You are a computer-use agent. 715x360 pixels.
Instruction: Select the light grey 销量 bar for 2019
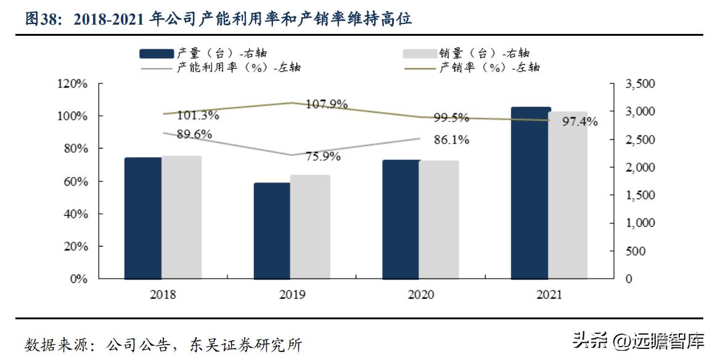310,227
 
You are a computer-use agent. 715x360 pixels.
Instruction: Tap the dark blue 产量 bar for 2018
143,218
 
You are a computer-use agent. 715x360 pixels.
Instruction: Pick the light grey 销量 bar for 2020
439,219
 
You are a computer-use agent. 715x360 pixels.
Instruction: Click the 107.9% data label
327,104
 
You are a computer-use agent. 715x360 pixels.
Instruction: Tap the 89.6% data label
194,134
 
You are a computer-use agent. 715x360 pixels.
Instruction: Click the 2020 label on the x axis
421,295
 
